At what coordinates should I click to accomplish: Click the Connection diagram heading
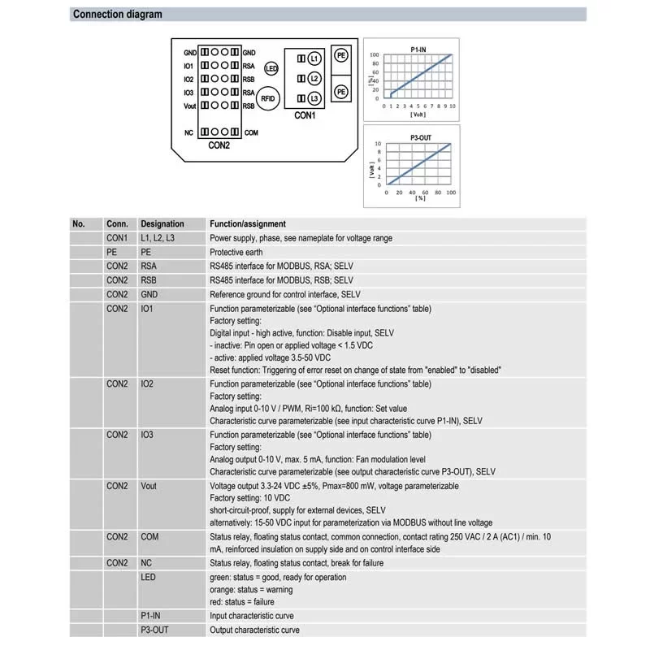click(117, 14)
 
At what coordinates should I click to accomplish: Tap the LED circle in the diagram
click(271, 70)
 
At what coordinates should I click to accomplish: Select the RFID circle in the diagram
click(271, 98)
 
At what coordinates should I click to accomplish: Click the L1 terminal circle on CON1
click(315, 58)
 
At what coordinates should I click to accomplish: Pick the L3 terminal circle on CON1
click(315, 98)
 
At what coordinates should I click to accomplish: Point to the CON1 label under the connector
click(304, 116)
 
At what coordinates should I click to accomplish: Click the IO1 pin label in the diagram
click(188, 66)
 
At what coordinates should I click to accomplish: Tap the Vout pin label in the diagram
click(189, 106)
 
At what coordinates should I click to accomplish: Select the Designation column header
click(162, 223)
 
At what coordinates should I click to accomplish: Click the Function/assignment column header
click(247, 223)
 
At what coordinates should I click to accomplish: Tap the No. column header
click(79, 223)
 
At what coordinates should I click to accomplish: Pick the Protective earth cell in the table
click(236, 252)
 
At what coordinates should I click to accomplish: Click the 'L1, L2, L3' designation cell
click(157, 238)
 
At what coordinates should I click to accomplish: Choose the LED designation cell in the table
click(148, 577)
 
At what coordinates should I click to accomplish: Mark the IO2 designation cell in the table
click(148, 383)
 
